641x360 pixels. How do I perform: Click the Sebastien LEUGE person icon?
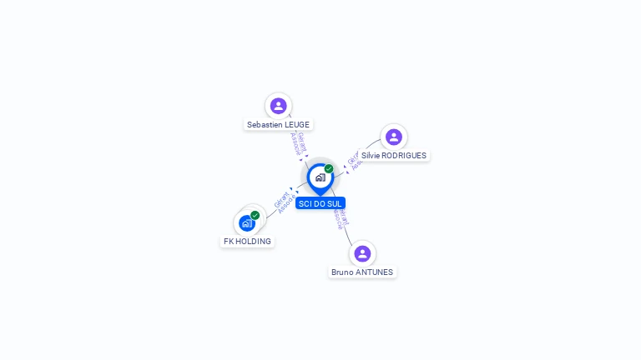tap(278, 106)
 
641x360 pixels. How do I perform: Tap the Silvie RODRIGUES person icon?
tap(393, 137)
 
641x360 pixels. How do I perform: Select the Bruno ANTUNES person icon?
tap(362, 253)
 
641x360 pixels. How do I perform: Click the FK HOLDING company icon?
tap(247, 223)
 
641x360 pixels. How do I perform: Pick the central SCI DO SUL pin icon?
tap(320, 177)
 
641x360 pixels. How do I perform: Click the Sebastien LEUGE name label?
tap(278, 125)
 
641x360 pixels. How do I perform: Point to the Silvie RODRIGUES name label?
tap(393, 156)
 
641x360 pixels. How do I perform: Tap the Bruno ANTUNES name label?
tap(362, 272)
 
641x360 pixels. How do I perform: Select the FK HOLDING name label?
tap(247, 242)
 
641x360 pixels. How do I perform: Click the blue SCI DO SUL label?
tap(320, 203)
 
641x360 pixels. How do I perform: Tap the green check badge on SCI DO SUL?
tap(329, 169)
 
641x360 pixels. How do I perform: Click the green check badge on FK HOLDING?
tap(255, 215)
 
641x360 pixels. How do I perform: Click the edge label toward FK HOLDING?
tap(284, 202)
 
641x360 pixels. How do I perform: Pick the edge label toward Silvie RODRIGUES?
tap(355, 160)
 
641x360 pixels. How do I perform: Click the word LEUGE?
tap(296, 125)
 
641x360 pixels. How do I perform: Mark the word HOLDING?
tap(254, 242)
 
